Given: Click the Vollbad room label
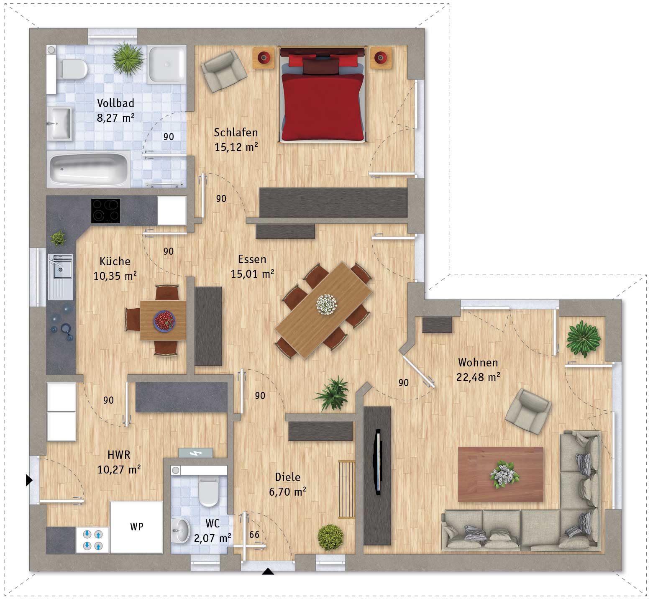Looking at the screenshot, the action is pos(115,103).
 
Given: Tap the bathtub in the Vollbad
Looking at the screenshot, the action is pos(89,169).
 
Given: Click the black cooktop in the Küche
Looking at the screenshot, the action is pos(105,211).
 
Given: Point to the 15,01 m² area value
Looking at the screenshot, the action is pos(252,274).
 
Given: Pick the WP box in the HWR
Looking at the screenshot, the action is pos(136,527).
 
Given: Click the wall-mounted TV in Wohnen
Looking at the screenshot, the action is pos(379,462).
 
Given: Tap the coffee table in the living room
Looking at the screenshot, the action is pos(500,474).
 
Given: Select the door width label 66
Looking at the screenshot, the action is pos(254,534).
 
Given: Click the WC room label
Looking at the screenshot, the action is pos(213,523).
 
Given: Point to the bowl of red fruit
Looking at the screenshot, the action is pos(165,321).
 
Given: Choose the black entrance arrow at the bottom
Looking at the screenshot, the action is pos(268,571).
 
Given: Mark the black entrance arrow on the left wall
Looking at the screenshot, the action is pos(29,480).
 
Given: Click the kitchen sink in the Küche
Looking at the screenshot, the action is pos(60,276).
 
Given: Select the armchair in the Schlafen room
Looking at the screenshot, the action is pos(224,71).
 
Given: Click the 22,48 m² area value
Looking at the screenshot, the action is pos(478,377).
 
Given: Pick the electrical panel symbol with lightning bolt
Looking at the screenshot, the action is pos(195,453).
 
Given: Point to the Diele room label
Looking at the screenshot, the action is pos(288,477).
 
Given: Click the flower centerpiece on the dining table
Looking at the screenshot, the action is pos(327,304).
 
